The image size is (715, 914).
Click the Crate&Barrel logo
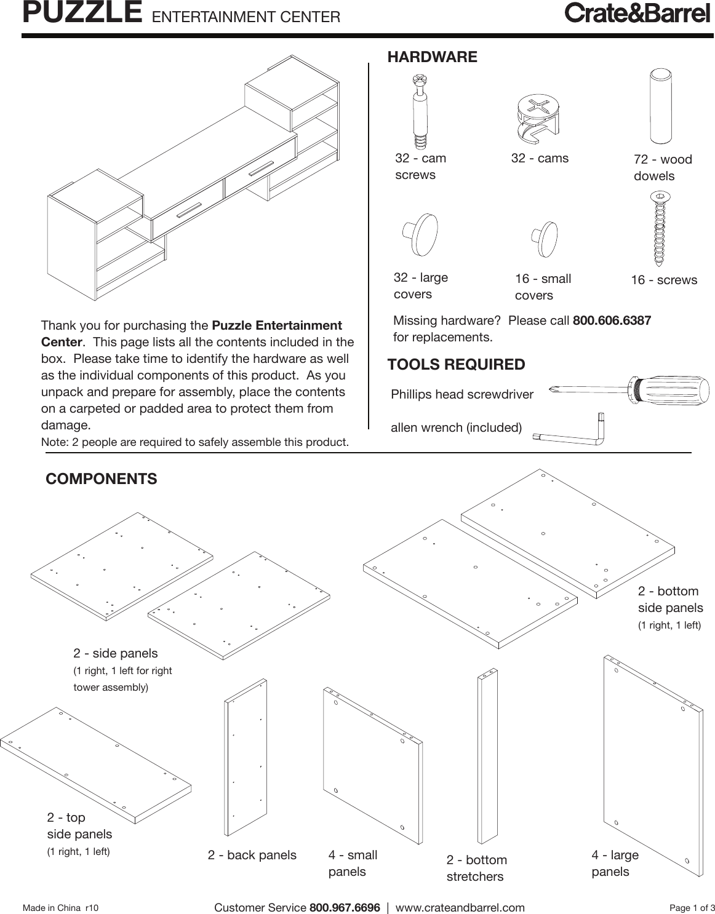[637, 14]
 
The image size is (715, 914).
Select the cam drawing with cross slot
[537, 117]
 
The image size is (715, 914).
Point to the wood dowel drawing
[660, 106]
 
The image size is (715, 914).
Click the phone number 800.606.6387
[612, 320]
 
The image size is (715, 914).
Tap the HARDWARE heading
[432, 57]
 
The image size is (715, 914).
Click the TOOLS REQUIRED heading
[456, 365]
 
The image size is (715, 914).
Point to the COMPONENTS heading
[102, 479]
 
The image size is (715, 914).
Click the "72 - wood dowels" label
[662, 168]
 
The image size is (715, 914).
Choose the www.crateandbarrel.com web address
[460, 908]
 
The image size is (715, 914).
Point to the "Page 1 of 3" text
[692, 908]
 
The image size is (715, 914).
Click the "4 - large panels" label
[615, 863]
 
